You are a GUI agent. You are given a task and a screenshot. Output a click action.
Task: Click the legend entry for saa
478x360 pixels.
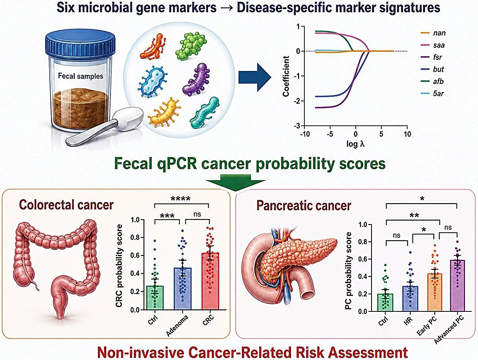click(x=433, y=45)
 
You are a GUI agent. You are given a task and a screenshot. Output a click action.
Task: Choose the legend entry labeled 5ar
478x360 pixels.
click(x=432, y=94)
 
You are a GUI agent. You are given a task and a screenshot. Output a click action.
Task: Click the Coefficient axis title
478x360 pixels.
click(x=286, y=76)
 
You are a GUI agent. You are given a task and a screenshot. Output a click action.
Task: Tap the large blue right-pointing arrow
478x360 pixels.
click(x=255, y=77)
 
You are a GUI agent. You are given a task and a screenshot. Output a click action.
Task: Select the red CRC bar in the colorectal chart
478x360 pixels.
click(x=210, y=281)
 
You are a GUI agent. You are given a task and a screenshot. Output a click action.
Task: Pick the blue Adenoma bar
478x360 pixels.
click(x=183, y=289)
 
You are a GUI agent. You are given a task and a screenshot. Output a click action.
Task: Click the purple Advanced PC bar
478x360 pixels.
click(x=457, y=286)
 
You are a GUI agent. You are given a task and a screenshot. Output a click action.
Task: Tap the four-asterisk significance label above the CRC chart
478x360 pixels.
click(x=181, y=199)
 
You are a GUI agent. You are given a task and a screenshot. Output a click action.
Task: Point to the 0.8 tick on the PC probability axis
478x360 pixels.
click(x=364, y=242)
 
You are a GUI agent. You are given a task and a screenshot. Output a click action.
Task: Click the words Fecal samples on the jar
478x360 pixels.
click(x=81, y=76)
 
